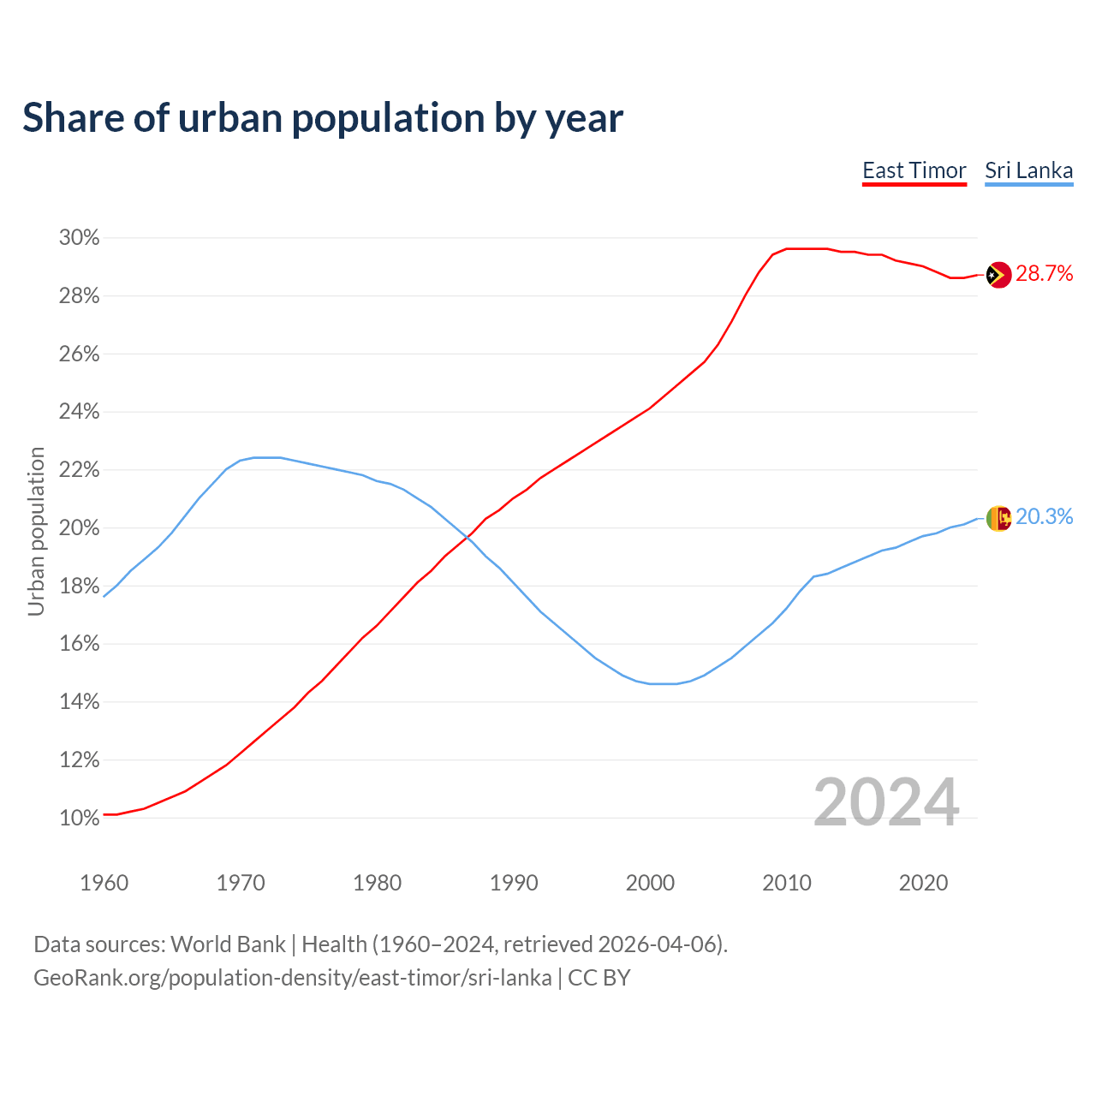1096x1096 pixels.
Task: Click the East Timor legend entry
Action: click(914, 170)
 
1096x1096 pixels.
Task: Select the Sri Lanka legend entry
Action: click(1028, 170)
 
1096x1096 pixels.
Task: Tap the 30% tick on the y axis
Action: click(80, 238)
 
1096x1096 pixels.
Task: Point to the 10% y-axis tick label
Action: click(80, 819)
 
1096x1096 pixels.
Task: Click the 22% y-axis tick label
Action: click(80, 470)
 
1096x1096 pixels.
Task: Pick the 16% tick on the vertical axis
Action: click(80, 644)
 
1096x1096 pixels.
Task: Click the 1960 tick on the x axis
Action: click(104, 883)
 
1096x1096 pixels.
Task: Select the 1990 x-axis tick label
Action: click(514, 883)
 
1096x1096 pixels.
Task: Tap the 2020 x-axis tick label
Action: click(923, 883)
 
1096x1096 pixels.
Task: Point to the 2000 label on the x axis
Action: click(650, 883)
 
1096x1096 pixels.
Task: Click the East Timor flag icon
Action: click(998, 275)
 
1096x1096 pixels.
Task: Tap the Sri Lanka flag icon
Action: click(998, 518)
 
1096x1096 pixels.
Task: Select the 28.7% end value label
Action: click(1044, 274)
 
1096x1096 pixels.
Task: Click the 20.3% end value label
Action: click(1044, 517)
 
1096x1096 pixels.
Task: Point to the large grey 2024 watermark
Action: click(886, 802)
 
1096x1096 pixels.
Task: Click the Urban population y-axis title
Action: click(36, 531)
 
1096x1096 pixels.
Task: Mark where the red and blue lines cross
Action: click(467, 537)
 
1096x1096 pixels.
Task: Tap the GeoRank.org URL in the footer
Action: click(292, 978)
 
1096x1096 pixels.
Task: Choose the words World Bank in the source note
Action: click(228, 944)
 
